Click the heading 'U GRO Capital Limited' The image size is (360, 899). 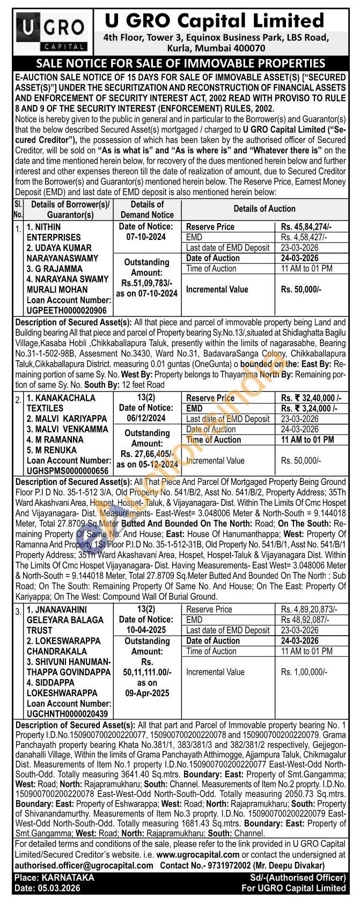[x=214, y=21]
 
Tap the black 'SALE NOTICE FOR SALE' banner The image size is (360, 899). [x=180, y=63]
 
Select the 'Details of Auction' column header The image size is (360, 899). [x=264, y=209]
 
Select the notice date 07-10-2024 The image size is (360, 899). [x=146, y=237]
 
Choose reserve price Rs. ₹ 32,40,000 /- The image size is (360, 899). [x=311, y=398]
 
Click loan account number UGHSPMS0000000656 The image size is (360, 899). [x=67, y=471]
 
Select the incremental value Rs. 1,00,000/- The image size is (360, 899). [x=304, y=672]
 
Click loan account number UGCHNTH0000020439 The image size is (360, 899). [x=67, y=714]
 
